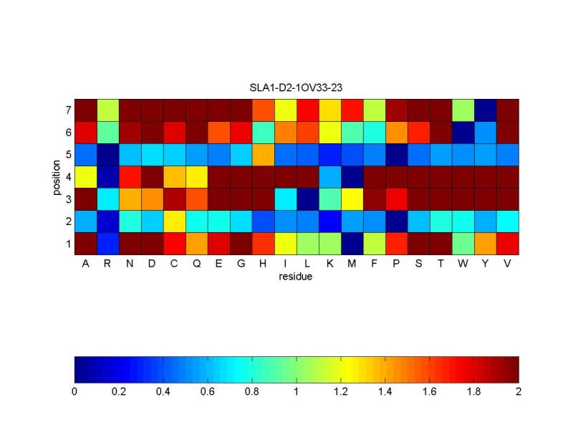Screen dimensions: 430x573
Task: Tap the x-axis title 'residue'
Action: coord(297,276)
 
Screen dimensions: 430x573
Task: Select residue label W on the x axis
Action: coord(463,264)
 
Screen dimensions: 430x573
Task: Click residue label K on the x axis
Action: coord(330,264)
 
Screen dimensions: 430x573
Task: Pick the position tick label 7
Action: coord(67,110)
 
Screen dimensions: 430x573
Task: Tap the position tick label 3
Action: coord(67,199)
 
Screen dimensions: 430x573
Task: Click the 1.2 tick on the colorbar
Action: coord(341,392)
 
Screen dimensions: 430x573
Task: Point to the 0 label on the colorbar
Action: coord(74,392)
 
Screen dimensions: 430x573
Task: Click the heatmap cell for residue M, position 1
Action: coord(352,244)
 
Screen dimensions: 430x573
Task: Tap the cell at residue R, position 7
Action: coord(108,110)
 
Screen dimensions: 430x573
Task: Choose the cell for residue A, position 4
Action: coord(86,177)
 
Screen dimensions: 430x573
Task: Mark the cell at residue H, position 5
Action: coord(264,155)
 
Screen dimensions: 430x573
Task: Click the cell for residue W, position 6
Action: coord(463,133)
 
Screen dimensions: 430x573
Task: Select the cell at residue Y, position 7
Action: coord(486,110)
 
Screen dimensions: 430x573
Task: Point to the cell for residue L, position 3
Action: coord(308,199)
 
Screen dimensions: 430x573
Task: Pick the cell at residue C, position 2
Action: coord(175,221)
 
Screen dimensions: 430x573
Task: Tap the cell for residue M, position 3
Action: coord(352,199)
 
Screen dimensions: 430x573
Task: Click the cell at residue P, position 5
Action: coord(397,155)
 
